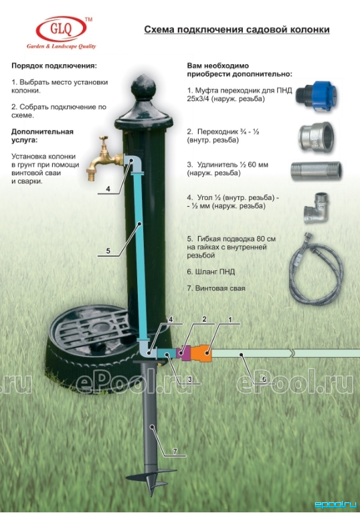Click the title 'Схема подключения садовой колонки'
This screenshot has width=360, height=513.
(x=237, y=30)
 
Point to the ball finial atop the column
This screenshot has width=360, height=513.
(x=143, y=86)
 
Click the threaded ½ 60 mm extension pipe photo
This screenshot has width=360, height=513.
(x=316, y=171)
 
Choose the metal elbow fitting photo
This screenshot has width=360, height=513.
(x=316, y=208)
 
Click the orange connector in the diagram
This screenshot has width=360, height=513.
(x=201, y=353)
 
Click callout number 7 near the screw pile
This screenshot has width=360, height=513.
(x=175, y=451)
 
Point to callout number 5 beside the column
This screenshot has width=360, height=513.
(x=108, y=251)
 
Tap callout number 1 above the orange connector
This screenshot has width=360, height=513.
(x=230, y=319)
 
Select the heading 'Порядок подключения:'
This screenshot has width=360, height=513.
(x=54, y=66)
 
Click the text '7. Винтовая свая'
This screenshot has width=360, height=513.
(x=216, y=288)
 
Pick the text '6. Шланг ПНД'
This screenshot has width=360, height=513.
(x=211, y=272)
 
